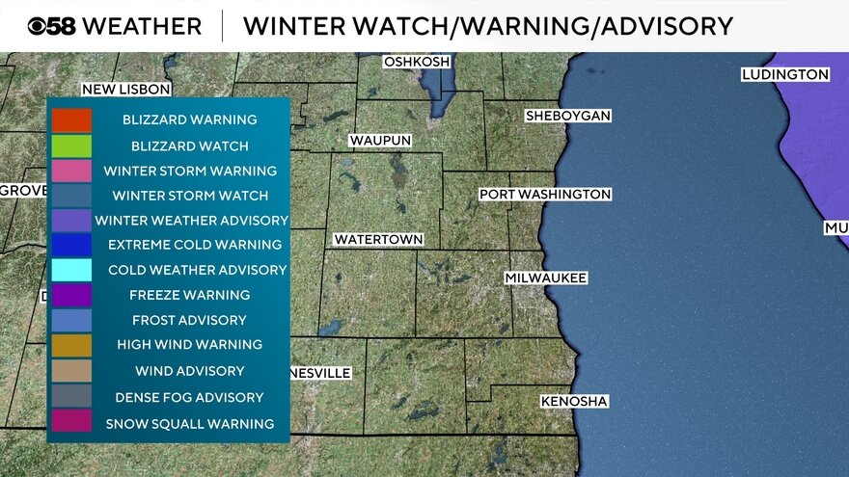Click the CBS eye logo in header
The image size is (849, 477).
point(42,26)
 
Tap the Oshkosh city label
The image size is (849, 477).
point(417,62)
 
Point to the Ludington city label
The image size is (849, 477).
point(784,74)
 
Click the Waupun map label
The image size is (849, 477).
point(380,141)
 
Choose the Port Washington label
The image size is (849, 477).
point(545,195)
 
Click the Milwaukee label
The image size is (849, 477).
point(545,278)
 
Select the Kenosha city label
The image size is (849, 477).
point(574,401)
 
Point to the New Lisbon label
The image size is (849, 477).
point(125,89)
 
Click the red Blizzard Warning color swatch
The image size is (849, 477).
point(72,120)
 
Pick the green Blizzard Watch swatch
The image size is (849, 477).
point(72,146)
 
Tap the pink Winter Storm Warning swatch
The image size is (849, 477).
point(72,171)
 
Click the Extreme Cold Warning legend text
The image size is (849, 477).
point(195,245)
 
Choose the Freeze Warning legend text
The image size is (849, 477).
point(190,295)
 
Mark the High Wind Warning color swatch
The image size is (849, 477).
point(72,345)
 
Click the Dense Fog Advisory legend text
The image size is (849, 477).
point(190,397)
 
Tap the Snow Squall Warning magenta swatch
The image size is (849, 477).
point(72,422)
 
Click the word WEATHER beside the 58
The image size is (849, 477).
point(143,26)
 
